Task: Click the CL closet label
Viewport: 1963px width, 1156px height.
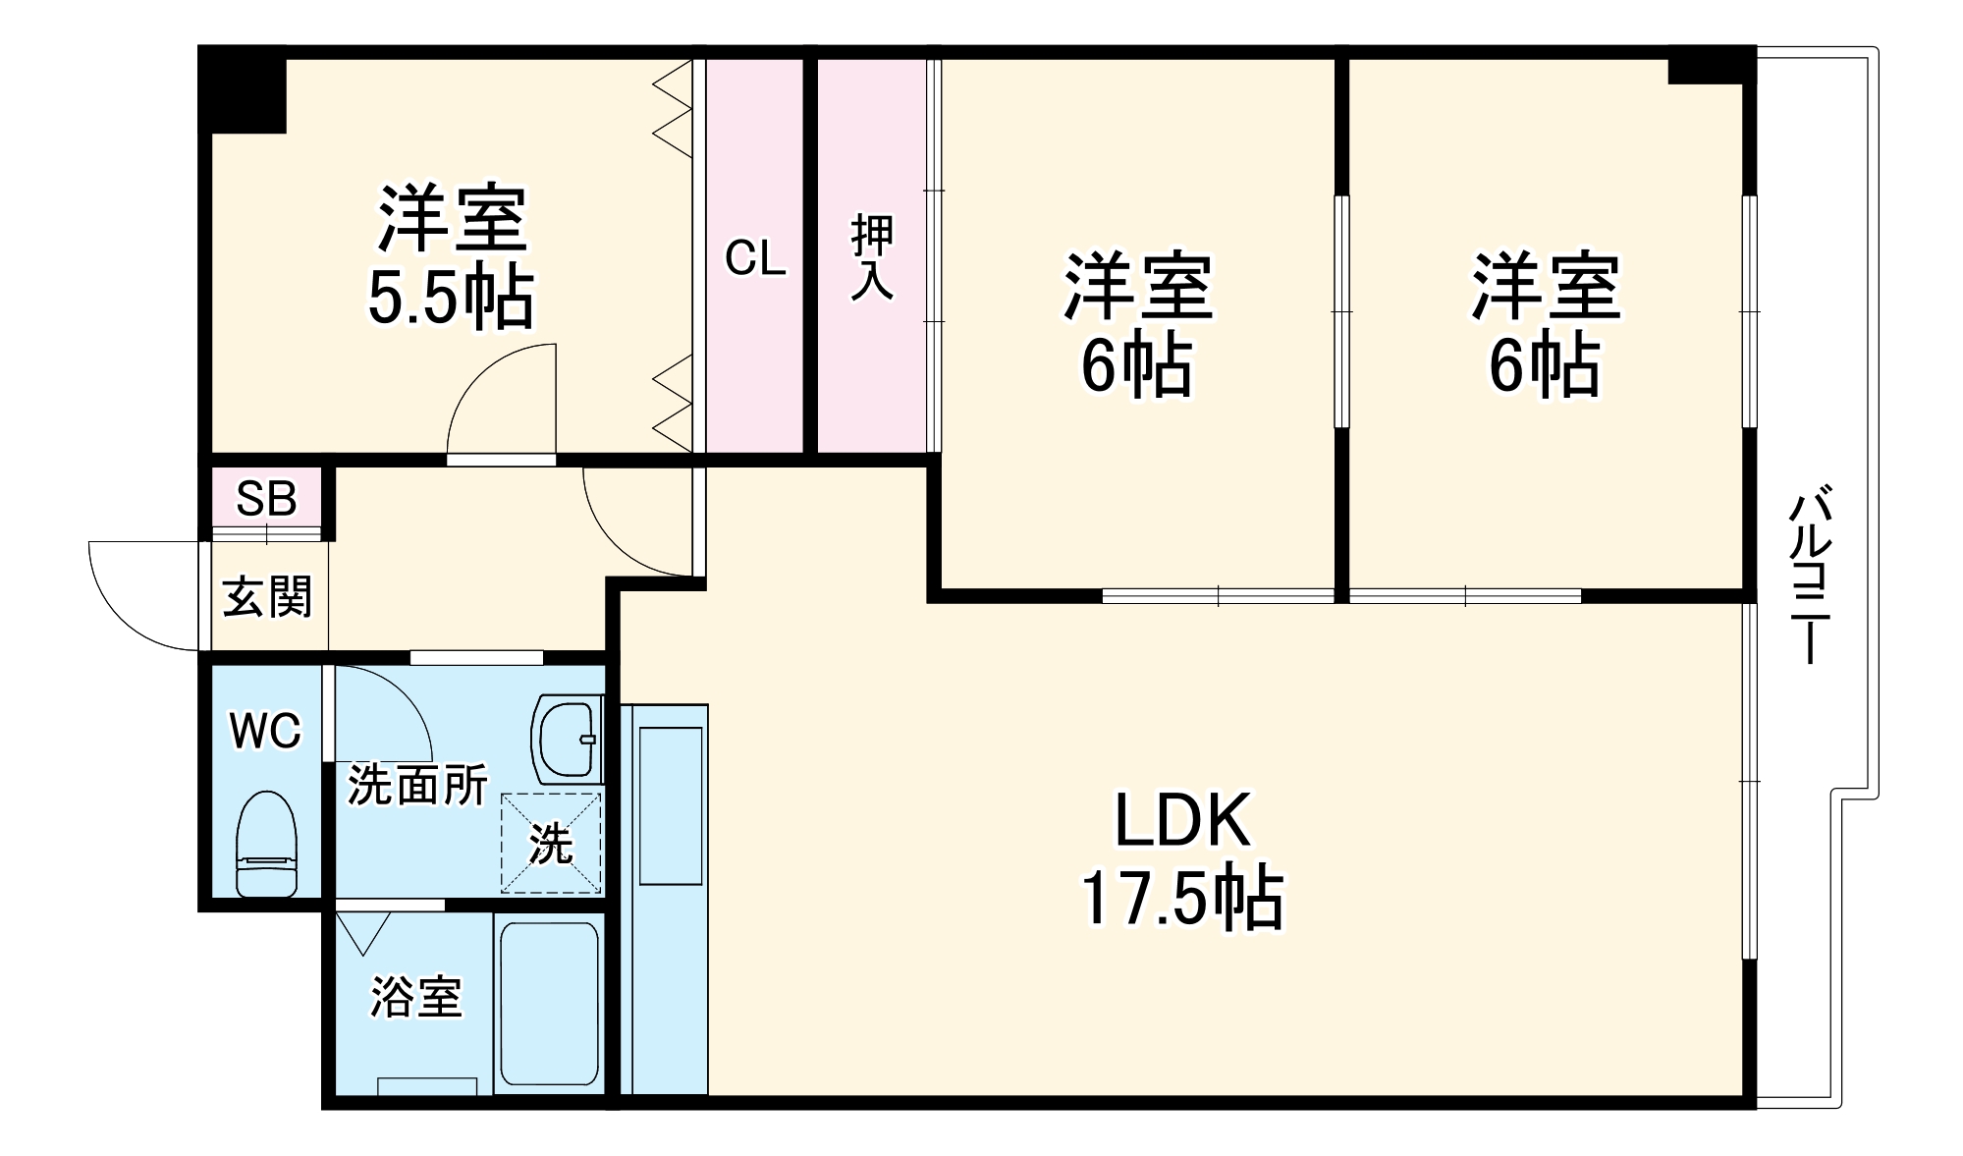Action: (754, 258)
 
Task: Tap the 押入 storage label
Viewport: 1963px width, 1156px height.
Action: (872, 256)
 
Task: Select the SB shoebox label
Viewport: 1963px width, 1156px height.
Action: (266, 499)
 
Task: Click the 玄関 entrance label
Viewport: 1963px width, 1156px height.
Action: (266, 597)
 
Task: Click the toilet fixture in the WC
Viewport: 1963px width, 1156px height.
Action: (266, 844)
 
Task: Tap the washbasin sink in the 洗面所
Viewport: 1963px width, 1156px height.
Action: (567, 739)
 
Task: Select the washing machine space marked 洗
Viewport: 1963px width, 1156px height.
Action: (551, 844)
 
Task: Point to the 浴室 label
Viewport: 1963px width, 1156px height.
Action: (415, 997)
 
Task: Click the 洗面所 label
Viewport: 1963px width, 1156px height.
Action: (417, 785)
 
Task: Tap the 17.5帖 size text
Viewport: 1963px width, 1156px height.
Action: (1181, 899)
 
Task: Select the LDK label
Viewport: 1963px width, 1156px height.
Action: (1182, 820)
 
